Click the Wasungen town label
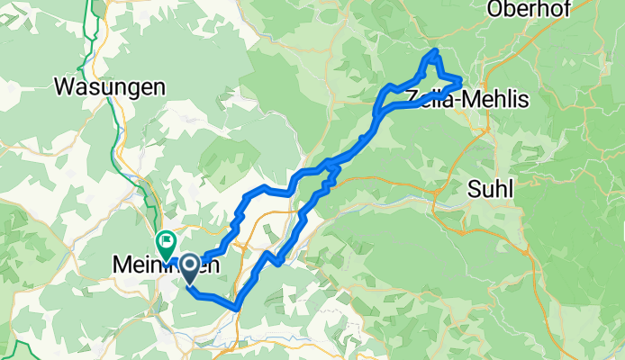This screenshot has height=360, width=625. (x=110, y=87)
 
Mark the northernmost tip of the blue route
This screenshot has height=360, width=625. (x=437, y=50)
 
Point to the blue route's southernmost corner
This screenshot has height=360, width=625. (x=237, y=308)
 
